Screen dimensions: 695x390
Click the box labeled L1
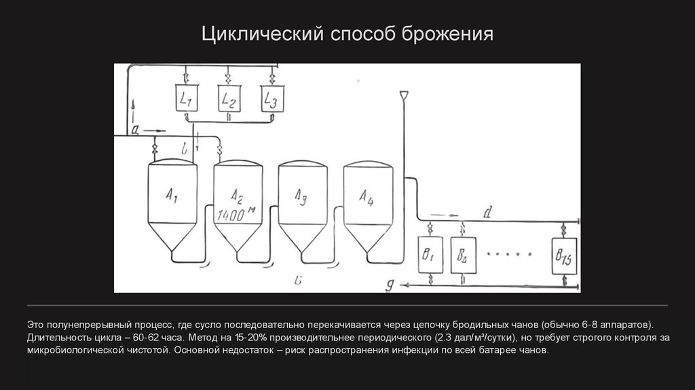tap(186, 98)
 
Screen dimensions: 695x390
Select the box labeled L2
tap(229, 99)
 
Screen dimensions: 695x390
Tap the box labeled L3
tap(272, 99)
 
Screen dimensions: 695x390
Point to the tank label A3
tap(301, 196)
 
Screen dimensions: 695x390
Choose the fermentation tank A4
tap(368, 207)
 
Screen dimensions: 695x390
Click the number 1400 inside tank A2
tap(231, 215)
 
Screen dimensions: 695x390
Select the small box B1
tap(430, 255)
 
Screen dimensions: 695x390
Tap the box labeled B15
tap(564, 256)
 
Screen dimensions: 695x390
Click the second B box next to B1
tap(463, 255)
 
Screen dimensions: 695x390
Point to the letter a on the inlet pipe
tap(136, 130)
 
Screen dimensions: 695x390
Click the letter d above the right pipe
tap(487, 213)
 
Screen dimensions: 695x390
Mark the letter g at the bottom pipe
tap(390, 285)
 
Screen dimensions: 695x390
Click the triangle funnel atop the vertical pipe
tap(404, 95)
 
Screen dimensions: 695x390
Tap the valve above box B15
tap(564, 230)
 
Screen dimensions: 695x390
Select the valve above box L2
tap(228, 78)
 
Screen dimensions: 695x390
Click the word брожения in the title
tap(448, 34)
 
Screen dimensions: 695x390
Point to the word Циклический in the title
tap(263, 34)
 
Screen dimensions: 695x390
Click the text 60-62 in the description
tap(146, 337)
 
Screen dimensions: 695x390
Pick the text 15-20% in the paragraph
tap(251, 337)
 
